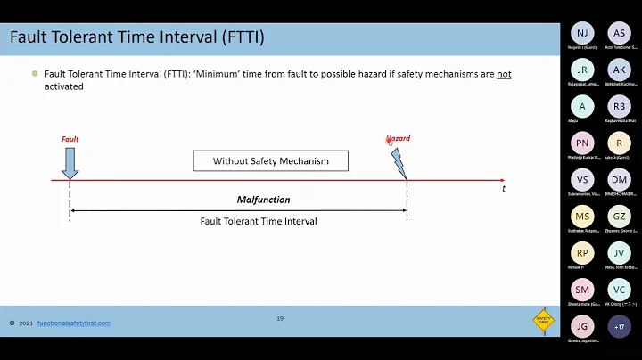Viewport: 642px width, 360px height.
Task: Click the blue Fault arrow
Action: click(x=70, y=162)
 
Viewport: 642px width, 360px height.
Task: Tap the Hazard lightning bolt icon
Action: click(x=399, y=161)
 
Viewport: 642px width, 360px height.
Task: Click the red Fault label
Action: click(x=70, y=139)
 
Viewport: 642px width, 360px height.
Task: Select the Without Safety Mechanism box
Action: click(x=270, y=161)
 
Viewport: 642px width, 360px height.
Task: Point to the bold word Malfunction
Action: click(x=263, y=200)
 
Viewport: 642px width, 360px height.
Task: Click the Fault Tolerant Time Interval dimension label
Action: click(x=259, y=221)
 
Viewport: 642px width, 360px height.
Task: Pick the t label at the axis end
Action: click(x=503, y=189)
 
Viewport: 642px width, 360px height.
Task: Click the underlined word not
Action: click(x=504, y=74)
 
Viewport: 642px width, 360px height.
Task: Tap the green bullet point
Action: click(x=35, y=74)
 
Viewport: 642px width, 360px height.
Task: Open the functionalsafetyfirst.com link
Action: click(x=74, y=323)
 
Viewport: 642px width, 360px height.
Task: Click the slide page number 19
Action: click(x=279, y=318)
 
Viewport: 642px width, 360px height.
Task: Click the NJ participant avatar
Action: click(x=582, y=33)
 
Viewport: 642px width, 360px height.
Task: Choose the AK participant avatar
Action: click(x=619, y=70)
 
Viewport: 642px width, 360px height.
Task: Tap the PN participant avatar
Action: click(x=582, y=143)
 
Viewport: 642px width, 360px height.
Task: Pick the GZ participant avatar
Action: click(x=619, y=217)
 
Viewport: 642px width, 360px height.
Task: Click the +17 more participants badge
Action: click(x=619, y=327)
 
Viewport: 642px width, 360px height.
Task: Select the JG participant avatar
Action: click(x=582, y=327)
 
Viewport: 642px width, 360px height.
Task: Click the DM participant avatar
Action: click(x=619, y=179)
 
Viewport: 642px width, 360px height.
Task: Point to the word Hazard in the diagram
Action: click(x=399, y=139)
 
